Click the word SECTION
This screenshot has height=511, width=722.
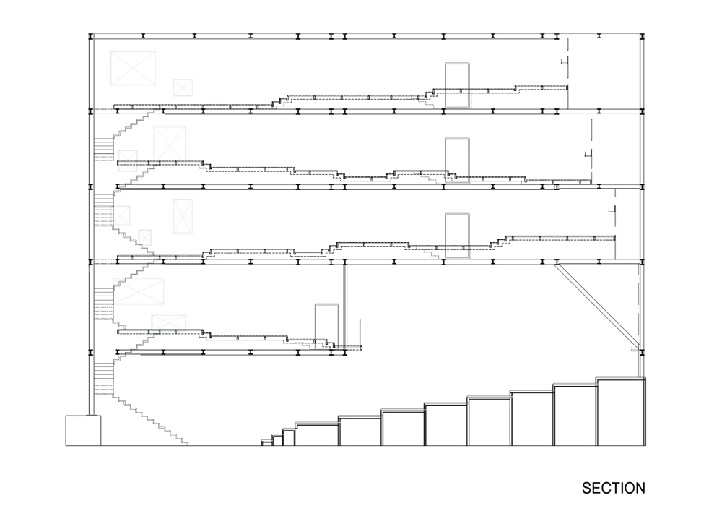point(613,488)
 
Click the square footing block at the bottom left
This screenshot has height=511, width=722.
point(83,430)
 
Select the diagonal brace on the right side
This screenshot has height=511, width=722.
point(596,306)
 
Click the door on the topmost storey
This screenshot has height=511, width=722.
point(457,86)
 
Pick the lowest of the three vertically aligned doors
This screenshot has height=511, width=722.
point(457,236)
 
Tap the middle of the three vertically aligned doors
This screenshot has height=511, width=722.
point(457,160)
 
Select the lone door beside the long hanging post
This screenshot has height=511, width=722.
point(326,325)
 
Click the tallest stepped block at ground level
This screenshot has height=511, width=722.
point(621,411)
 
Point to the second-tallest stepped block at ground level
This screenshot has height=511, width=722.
point(575,415)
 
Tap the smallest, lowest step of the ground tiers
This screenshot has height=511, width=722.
point(266,443)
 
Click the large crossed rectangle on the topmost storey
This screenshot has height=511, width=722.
point(133,68)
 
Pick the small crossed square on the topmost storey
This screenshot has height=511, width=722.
point(183,87)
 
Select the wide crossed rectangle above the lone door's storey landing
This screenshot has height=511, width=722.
point(139,292)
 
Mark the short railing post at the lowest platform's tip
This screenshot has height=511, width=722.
point(360,332)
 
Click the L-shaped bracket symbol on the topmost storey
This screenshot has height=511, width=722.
point(565,61)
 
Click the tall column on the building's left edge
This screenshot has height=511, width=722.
point(91,224)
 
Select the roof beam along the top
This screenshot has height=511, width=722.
point(367,36)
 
